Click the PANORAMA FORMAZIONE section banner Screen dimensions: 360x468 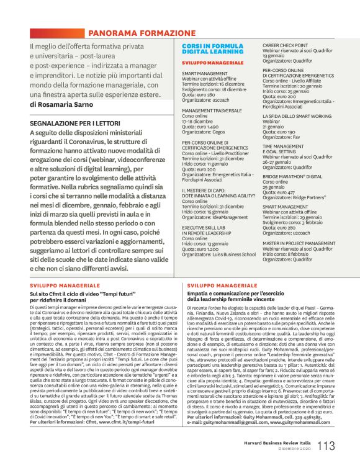click(142, 32)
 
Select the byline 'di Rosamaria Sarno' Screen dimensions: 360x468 click(62, 104)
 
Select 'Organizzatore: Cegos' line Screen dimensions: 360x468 click(205, 132)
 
